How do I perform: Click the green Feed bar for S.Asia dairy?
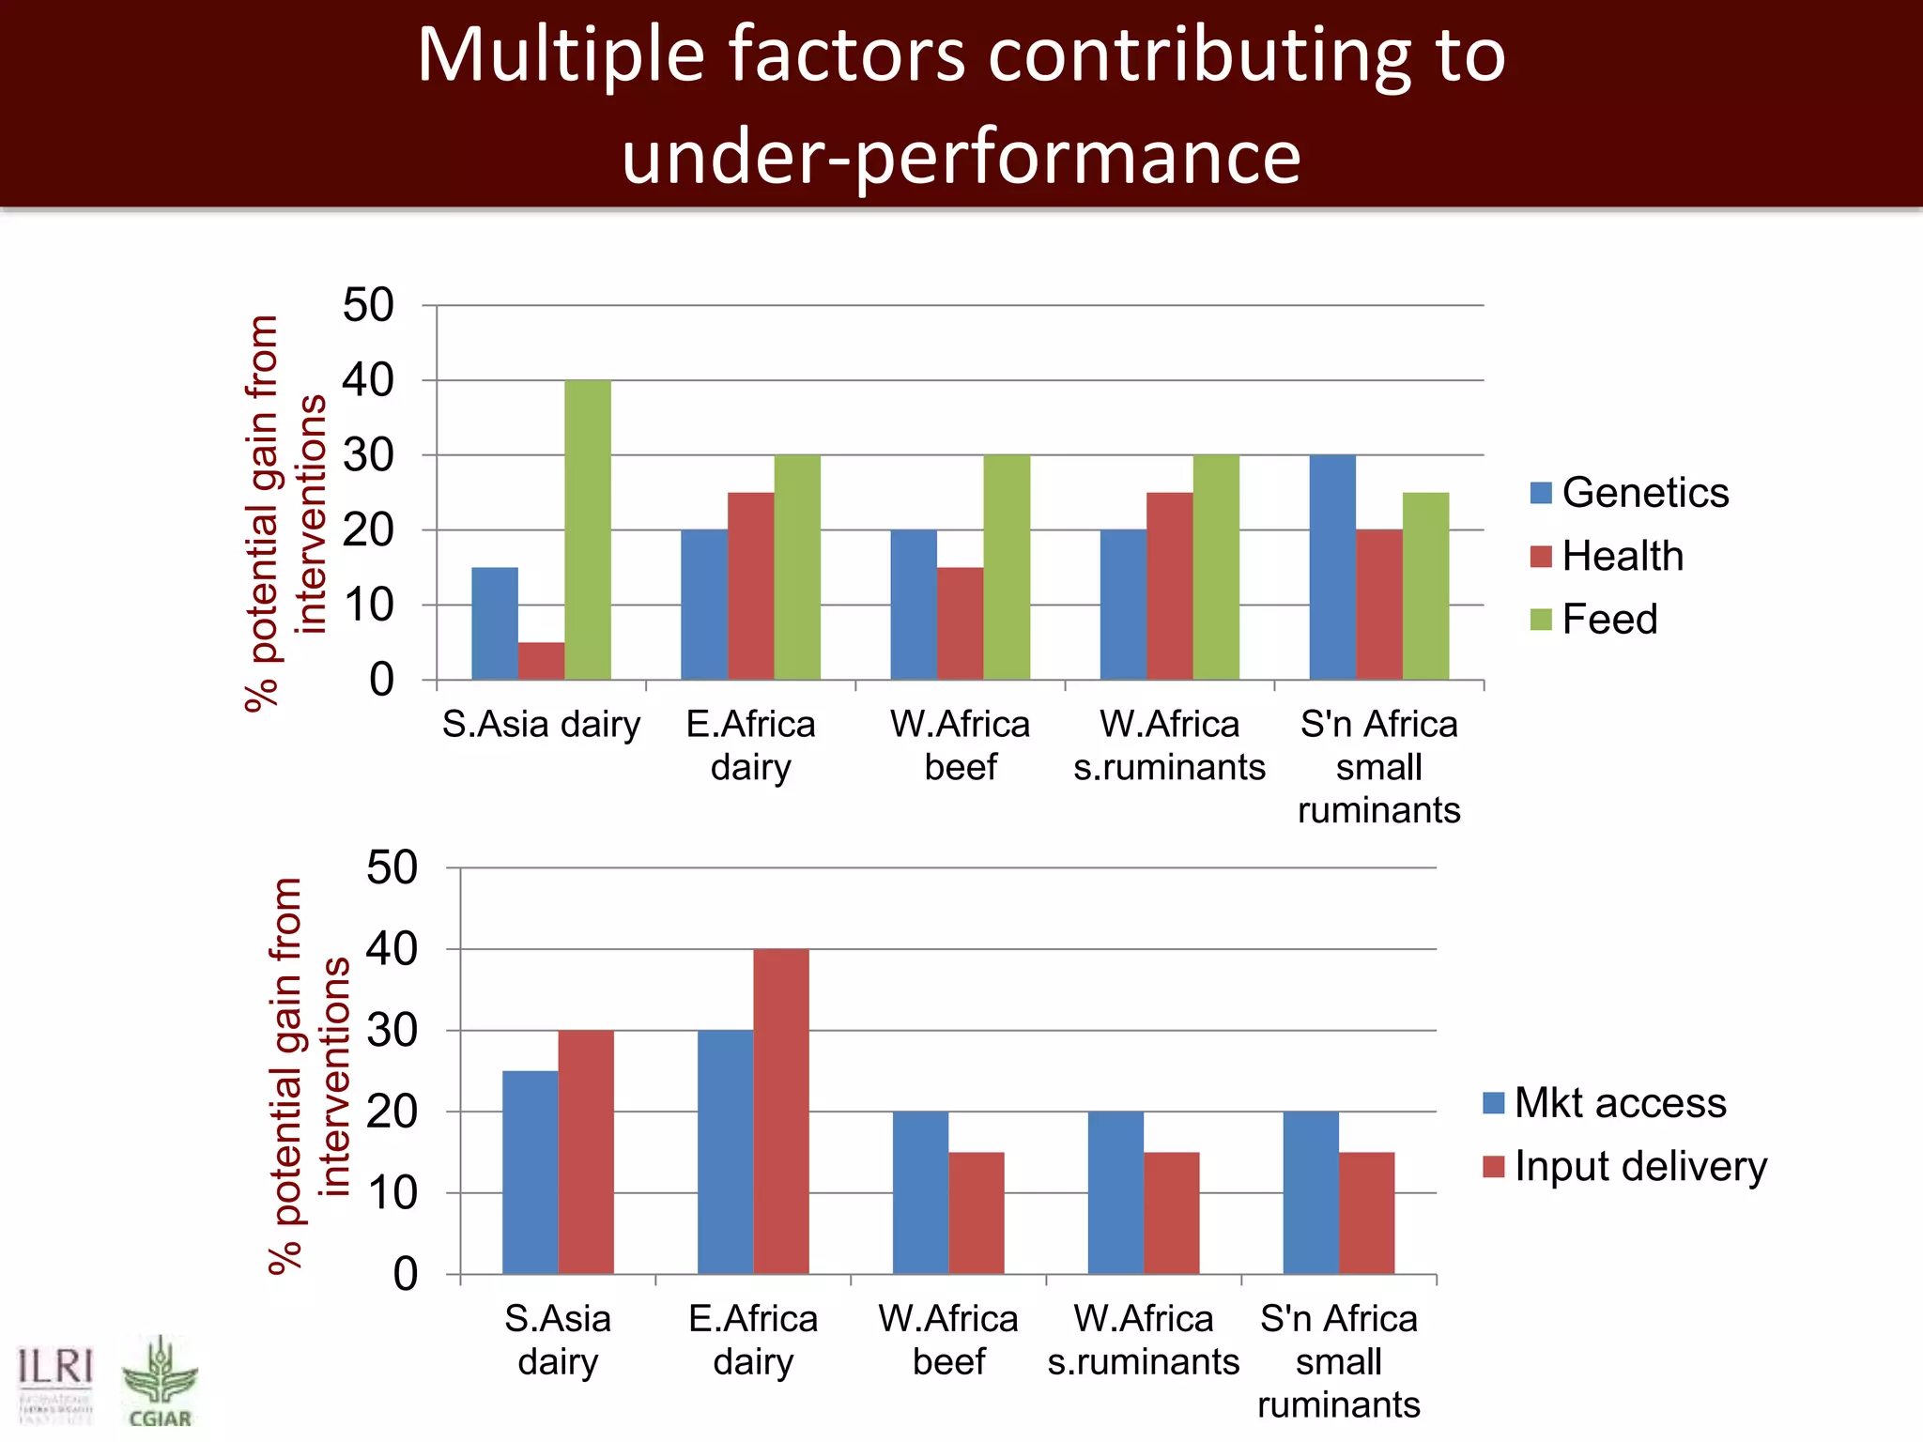[588, 529]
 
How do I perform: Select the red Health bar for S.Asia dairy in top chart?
[541, 661]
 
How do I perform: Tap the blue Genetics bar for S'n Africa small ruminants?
[1332, 567]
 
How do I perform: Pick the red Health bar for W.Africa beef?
[960, 623]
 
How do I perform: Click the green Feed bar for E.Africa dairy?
[797, 567]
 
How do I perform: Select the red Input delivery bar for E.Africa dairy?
[780, 1112]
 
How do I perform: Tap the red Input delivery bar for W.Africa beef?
[976, 1213]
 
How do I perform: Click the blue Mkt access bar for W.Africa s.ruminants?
[1115, 1192]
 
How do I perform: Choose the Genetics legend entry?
[1630, 493]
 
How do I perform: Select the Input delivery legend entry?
[1625, 1167]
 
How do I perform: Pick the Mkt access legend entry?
[1605, 1103]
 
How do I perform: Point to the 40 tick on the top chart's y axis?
[368, 380]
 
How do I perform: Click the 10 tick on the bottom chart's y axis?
[392, 1193]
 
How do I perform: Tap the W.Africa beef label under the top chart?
[960, 745]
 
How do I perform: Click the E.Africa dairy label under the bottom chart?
[753, 1340]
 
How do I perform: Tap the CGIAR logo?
[160, 1381]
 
